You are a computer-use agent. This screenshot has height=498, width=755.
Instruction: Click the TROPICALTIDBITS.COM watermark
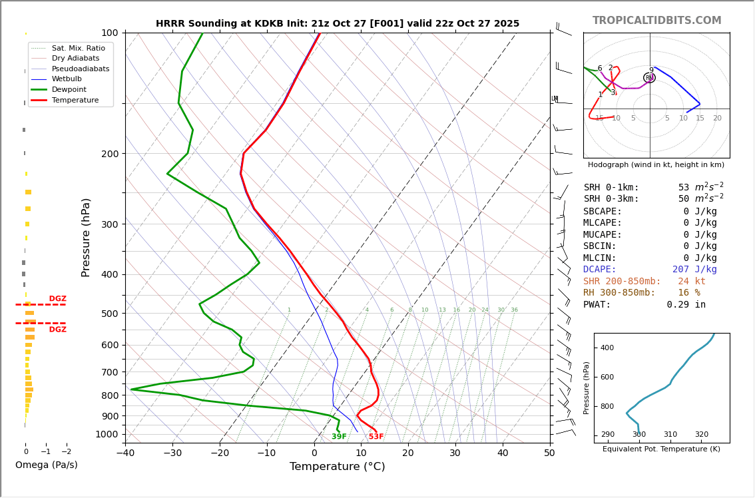point(656,21)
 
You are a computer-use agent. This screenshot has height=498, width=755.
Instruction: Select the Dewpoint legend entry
point(69,90)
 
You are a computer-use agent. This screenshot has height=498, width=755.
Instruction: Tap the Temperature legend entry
point(75,101)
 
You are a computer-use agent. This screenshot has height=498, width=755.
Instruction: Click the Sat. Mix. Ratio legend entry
point(78,49)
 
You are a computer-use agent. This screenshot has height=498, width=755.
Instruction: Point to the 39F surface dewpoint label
point(339,437)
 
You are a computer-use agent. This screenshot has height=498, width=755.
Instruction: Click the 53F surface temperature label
point(376,437)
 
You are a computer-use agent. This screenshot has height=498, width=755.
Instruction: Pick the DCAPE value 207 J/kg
point(694,270)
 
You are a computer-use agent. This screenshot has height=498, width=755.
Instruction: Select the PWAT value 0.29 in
point(686,305)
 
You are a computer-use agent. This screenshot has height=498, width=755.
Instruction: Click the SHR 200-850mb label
point(622,282)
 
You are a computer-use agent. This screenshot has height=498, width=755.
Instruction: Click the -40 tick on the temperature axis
point(125,454)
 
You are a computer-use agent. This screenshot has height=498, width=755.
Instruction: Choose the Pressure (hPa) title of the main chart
point(86,237)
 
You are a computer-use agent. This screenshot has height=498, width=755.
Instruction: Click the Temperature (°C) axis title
point(337,467)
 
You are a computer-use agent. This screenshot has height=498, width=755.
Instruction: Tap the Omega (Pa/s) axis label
point(47,465)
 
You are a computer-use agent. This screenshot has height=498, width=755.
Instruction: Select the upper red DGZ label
point(57,299)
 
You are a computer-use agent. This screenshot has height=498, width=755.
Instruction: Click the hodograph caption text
point(656,165)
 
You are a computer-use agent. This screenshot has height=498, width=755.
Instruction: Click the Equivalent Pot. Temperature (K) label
point(661,449)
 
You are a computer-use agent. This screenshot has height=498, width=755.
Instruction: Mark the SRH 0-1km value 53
point(684,188)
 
